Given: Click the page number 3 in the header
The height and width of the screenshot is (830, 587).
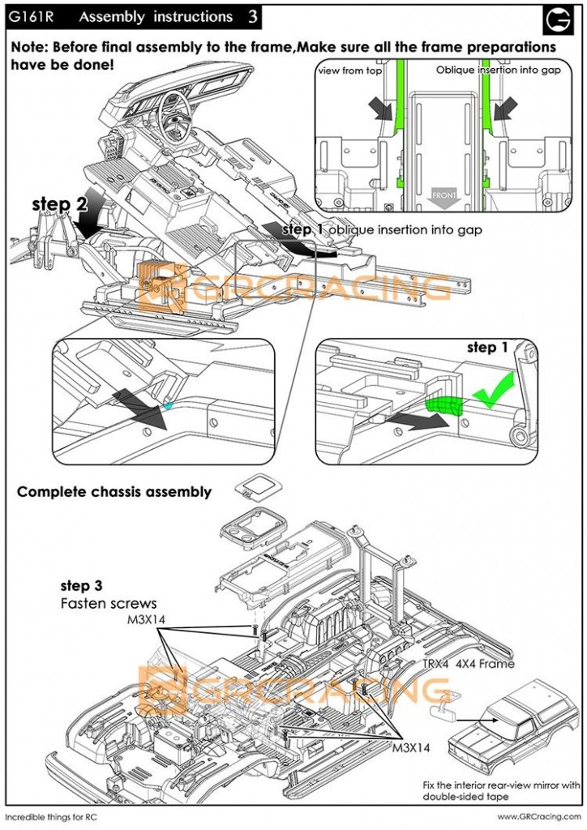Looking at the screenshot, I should [x=254, y=16].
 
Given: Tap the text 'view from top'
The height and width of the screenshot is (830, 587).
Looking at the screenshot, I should [x=349, y=71].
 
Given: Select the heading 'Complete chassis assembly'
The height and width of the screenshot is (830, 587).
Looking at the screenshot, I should [x=114, y=491].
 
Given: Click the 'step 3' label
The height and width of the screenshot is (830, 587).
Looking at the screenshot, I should [x=81, y=585].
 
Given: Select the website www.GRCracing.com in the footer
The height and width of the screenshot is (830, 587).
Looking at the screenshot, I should [x=538, y=816].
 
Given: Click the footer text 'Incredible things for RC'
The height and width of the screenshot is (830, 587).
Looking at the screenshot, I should [x=56, y=816].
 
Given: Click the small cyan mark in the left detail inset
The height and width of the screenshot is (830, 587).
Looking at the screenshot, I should [x=168, y=403].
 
